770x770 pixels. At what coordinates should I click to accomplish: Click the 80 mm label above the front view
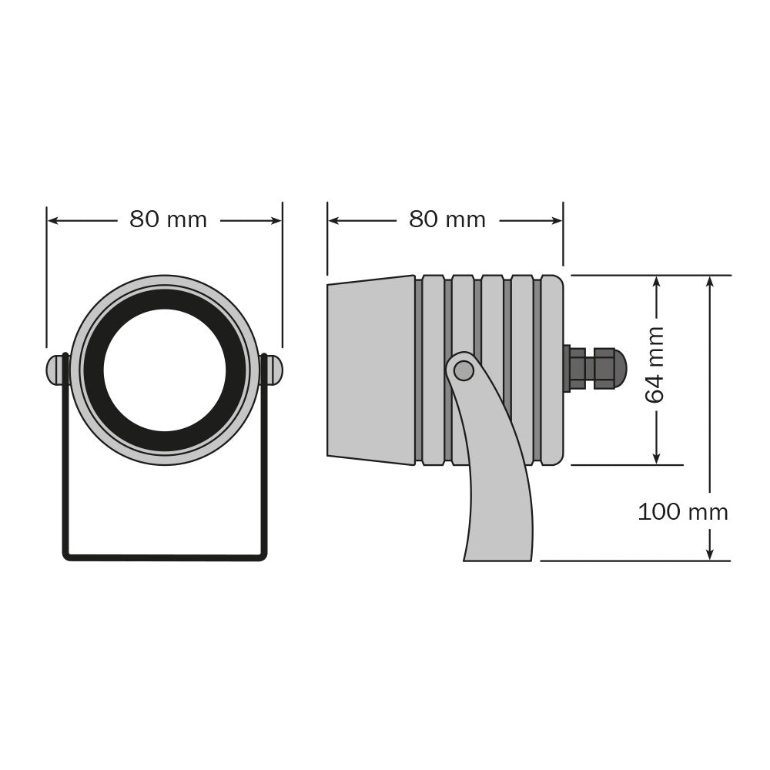[168, 219]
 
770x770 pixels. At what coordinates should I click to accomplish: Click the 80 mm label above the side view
[447, 219]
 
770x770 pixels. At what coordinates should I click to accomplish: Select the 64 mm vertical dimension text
[654, 365]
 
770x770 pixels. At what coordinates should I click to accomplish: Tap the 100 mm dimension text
[682, 512]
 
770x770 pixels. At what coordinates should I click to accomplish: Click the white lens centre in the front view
[165, 370]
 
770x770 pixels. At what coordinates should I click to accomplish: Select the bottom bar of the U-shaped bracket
[165, 557]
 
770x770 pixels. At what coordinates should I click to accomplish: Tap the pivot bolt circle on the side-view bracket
[464, 370]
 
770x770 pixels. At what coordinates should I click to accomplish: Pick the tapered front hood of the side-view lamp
[371, 370]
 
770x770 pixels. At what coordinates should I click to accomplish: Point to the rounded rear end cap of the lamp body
[552, 370]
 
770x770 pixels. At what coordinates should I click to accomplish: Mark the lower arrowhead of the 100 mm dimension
[710, 554]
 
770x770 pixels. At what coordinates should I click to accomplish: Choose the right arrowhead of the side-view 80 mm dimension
[557, 221]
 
